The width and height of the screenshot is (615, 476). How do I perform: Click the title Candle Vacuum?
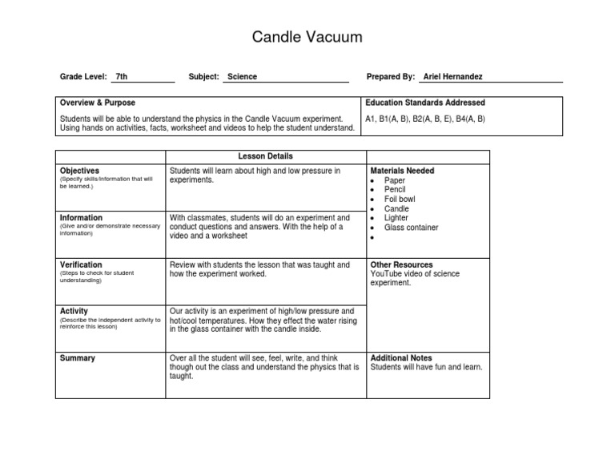point(307,37)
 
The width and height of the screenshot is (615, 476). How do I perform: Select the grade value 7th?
point(122,77)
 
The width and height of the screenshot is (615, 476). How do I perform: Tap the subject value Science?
point(243,77)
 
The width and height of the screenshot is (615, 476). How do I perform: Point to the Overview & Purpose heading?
point(98,103)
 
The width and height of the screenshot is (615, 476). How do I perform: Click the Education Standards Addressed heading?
point(425,103)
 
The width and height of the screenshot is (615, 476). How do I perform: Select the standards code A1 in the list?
point(370,119)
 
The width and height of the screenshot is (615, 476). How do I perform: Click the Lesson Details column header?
point(265,156)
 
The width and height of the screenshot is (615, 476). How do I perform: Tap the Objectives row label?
point(79,171)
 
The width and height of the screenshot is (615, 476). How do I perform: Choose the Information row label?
point(81,218)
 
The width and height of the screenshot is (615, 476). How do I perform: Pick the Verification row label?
point(81,264)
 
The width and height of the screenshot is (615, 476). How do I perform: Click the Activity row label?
point(74,311)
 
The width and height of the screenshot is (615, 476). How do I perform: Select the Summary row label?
point(78,358)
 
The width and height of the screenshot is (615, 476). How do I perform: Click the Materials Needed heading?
point(402,171)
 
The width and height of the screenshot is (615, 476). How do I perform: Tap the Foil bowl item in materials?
point(400,200)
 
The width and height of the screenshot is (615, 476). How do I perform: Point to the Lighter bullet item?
point(396,218)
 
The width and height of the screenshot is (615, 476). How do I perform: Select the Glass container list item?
point(412,228)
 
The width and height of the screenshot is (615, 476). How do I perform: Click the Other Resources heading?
point(401,264)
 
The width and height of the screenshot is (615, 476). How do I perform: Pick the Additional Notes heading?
point(401,358)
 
